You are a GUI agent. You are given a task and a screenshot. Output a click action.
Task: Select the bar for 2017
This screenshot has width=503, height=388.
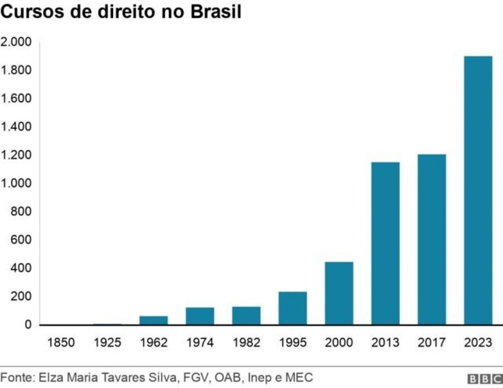point(432,239)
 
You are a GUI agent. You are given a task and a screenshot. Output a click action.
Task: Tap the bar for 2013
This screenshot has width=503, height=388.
point(385,243)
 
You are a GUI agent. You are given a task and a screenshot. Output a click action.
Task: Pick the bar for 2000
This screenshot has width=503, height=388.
point(339,293)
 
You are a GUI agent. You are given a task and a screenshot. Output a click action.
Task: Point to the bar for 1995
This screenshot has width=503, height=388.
point(293,308)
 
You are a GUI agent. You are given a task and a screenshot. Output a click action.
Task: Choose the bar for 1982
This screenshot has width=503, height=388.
point(246,316)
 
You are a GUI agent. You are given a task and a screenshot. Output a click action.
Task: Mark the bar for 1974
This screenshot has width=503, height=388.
point(200,316)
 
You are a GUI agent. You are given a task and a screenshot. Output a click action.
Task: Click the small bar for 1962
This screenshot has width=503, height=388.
point(154,320)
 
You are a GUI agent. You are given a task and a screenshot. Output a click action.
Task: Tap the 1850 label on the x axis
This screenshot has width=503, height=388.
point(61,343)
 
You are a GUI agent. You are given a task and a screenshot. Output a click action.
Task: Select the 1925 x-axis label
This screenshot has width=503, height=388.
point(108,343)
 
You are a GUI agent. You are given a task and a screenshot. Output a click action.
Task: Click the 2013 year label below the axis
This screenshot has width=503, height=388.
point(385,343)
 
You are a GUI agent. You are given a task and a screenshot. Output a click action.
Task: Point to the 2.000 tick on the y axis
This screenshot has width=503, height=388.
point(16,42)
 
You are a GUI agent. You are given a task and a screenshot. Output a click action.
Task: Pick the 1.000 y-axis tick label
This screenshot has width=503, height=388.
point(16,183)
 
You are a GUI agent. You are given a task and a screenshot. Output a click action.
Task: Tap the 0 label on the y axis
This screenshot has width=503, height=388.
point(28,325)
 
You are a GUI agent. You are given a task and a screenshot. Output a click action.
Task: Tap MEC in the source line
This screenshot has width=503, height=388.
point(301,377)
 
